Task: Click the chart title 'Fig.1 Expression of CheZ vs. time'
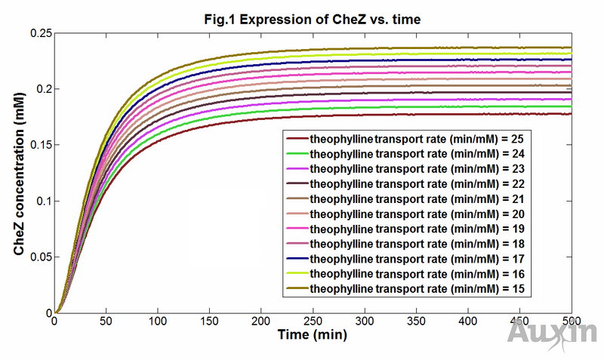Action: pyautogui.click(x=313, y=19)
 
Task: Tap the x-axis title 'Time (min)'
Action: pyautogui.click(x=312, y=333)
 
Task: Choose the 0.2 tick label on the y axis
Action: pyautogui.click(x=42, y=89)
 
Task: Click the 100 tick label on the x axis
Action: pyautogui.click(x=157, y=322)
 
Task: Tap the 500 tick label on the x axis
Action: pyautogui.click(x=571, y=322)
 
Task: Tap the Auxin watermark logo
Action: pyautogui.click(x=553, y=333)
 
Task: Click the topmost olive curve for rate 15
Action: pyautogui.click(x=377, y=48)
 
